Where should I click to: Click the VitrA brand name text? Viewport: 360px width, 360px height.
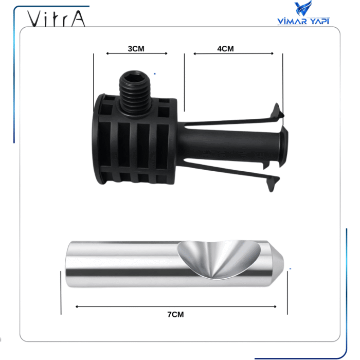coord(56,19)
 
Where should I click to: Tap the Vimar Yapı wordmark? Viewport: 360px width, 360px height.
coord(303,21)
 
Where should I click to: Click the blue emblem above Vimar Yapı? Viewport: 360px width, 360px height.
coord(303,9)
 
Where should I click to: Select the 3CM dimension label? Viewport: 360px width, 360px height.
coord(136,49)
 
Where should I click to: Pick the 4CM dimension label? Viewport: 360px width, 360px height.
coord(225,49)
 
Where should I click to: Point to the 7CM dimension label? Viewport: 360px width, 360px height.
coord(176,314)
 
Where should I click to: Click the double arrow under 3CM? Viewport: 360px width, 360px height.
coord(137,53)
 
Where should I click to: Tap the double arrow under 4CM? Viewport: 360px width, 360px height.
coord(233,53)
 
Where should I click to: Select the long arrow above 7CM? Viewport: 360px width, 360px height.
coord(176,307)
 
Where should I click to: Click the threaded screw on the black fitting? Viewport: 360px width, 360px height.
coord(135,93)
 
